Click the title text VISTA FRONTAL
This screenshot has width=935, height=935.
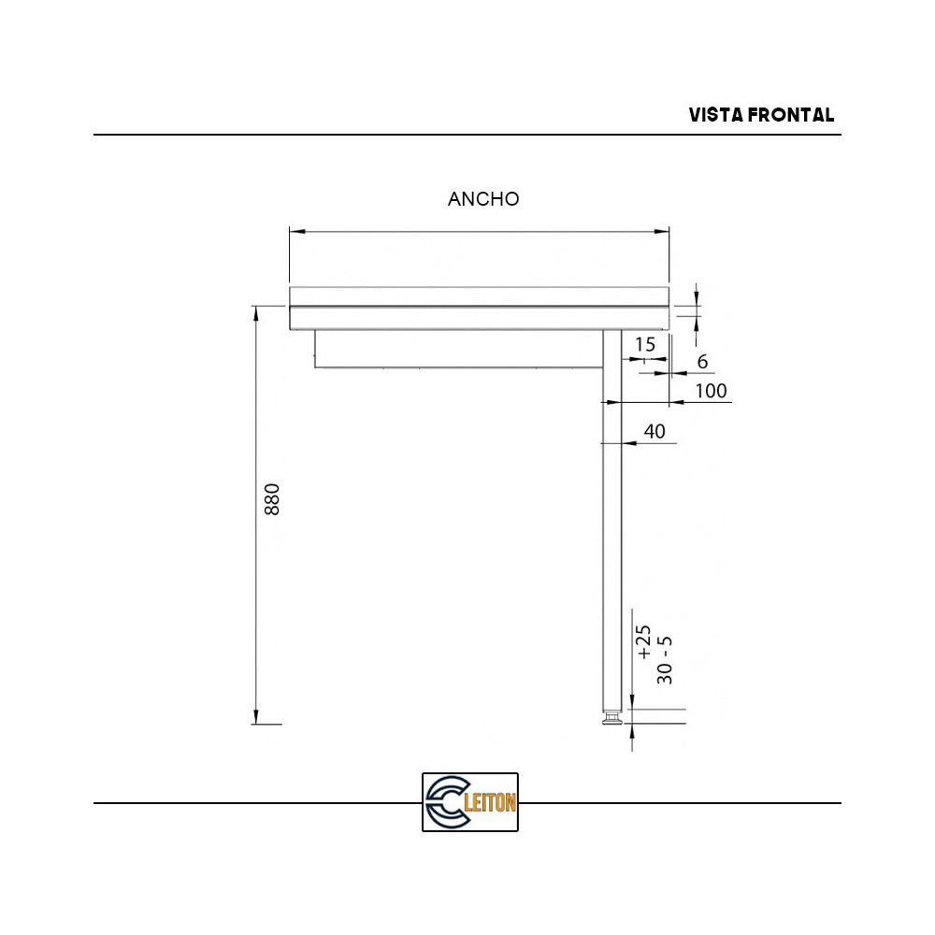coord(761,115)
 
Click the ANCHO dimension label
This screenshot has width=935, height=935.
coord(483,199)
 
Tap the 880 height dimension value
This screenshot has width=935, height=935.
coord(271,500)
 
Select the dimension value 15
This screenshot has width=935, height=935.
coord(645,344)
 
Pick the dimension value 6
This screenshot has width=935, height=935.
coord(702,362)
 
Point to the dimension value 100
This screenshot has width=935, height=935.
coord(712,391)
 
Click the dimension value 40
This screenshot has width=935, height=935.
coord(654,431)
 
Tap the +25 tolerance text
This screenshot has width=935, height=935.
coord(643,642)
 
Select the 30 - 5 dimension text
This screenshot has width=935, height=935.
coord(665,659)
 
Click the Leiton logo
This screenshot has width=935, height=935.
coord(469,802)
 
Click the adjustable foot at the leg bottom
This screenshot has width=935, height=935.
coord(611,720)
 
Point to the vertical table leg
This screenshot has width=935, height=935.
coord(611,524)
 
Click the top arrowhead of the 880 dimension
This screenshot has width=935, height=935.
coord(255,311)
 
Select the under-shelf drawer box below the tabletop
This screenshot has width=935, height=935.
coord(458,349)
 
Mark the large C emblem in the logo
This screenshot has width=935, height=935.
coord(444,802)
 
